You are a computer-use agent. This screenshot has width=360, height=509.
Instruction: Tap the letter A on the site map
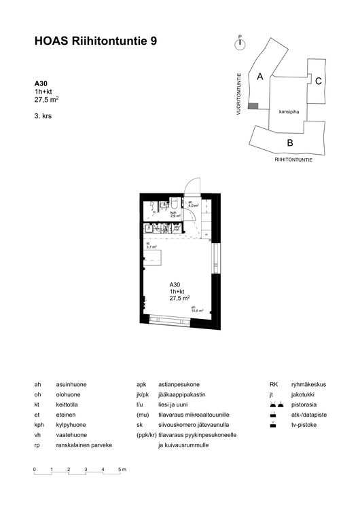[x=259, y=77]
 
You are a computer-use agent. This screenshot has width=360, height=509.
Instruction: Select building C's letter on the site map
[x=318, y=81]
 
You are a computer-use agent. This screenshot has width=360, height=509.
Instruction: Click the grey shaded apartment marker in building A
[x=253, y=106]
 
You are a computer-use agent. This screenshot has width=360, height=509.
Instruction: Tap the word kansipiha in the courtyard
[x=289, y=112]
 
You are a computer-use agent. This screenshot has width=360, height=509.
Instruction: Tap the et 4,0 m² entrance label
[x=192, y=204]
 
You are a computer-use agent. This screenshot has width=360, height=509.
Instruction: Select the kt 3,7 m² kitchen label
[x=151, y=245]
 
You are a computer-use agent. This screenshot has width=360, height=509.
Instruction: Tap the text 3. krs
[x=43, y=117]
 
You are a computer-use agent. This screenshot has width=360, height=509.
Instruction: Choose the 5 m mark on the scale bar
[x=121, y=470]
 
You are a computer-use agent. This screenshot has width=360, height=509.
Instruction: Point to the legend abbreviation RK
[x=274, y=384]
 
